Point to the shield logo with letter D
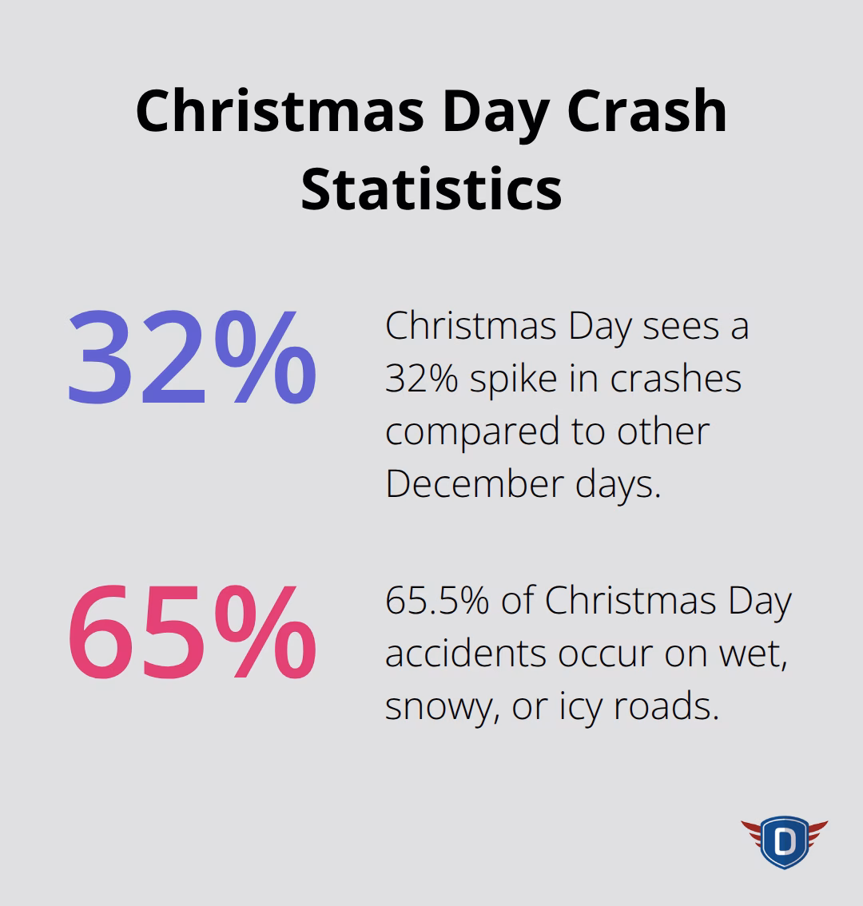coord(784,841)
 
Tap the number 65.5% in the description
coord(437,602)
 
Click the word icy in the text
coord(581,708)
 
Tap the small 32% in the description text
coord(420,379)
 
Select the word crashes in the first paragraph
coord(676,379)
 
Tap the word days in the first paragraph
coord(618,484)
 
